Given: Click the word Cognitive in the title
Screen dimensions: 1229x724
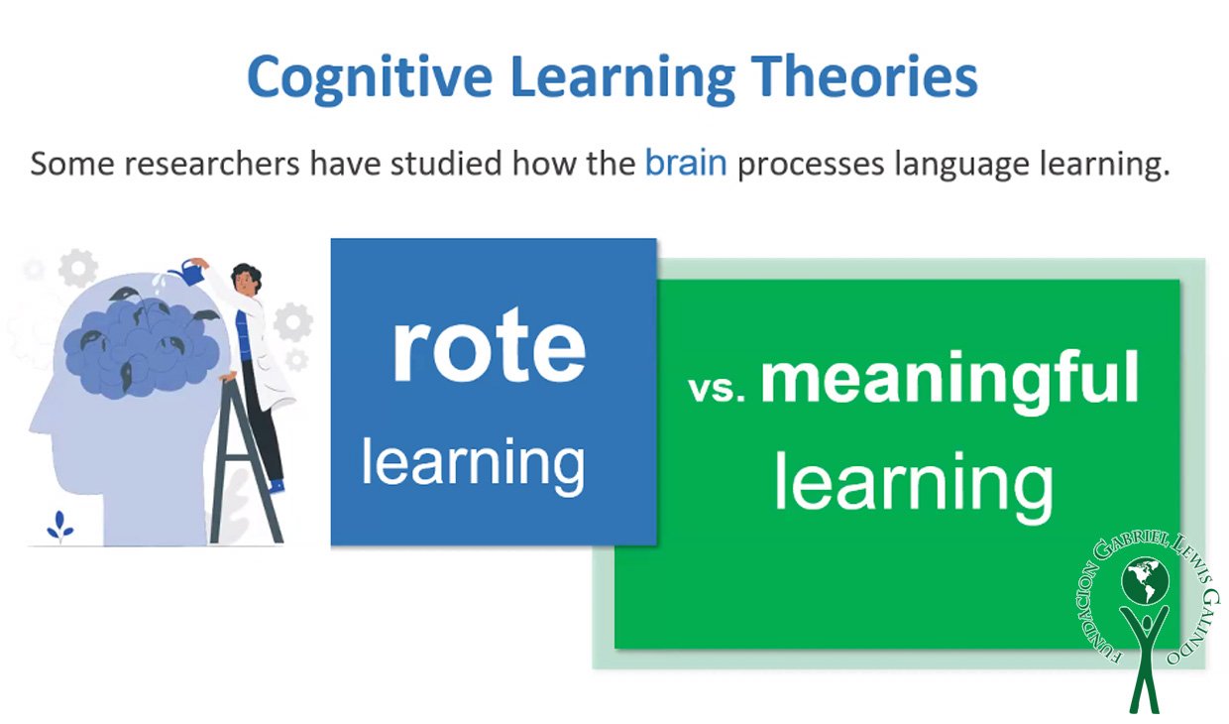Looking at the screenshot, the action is click(370, 77).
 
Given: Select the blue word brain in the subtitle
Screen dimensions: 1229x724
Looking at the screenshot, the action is click(686, 163).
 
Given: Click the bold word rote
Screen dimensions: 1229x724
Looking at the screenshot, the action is click(489, 346).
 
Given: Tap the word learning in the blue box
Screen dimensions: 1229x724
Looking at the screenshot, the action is click(473, 464).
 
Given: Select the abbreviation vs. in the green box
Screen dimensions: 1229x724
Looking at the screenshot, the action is click(717, 388).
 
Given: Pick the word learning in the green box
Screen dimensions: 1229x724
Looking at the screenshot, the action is click(914, 484).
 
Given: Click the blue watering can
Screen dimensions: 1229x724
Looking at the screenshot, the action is click(186, 273).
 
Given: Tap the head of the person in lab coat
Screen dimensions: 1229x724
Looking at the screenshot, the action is click(245, 280).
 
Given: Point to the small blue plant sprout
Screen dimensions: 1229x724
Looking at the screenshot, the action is click(59, 526).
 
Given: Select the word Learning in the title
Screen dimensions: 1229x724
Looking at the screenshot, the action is click(622, 78).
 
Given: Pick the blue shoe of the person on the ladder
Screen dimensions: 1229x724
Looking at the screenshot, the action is click(278, 486).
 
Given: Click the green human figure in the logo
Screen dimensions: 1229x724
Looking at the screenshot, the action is click(1145, 658).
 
